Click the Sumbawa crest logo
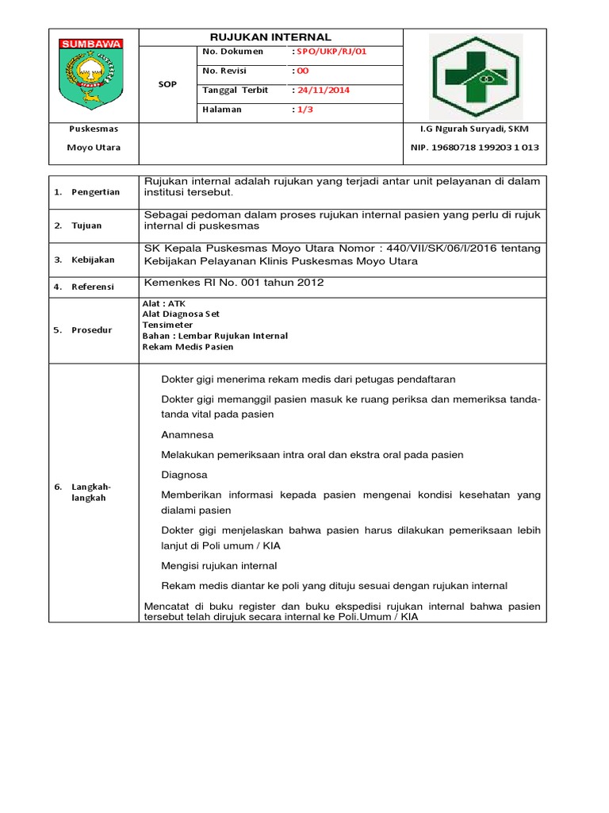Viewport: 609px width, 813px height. (x=93, y=75)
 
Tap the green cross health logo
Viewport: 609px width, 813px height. (x=475, y=76)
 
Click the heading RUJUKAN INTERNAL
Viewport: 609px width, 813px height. (x=270, y=37)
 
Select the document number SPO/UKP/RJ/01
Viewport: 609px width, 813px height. (x=332, y=52)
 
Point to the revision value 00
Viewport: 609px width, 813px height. (x=302, y=71)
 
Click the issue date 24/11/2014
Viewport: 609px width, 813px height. (x=323, y=90)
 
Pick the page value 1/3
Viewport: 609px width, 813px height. (x=304, y=110)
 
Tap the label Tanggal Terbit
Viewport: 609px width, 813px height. (x=236, y=90)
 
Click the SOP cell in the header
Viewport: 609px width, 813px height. (x=167, y=84)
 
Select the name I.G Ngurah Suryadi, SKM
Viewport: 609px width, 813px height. (x=474, y=129)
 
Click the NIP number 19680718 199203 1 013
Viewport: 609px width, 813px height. (x=474, y=148)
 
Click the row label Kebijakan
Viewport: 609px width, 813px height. (x=93, y=260)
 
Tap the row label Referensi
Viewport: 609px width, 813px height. (x=93, y=287)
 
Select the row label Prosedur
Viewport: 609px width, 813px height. (x=91, y=330)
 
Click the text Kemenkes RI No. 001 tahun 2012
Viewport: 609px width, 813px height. (x=234, y=283)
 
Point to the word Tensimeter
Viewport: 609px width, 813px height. (x=167, y=325)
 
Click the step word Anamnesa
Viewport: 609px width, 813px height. (x=187, y=435)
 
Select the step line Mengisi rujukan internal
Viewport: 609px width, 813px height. (x=219, y=566)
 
